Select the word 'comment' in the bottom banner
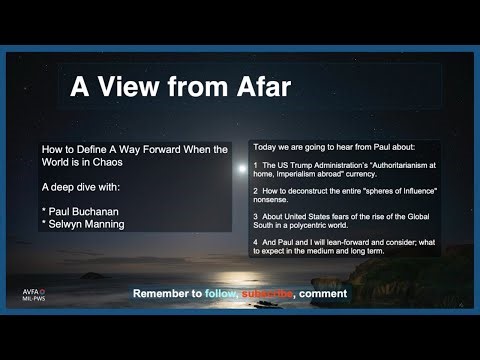pos(321,294)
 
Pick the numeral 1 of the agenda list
pos(257,164)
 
